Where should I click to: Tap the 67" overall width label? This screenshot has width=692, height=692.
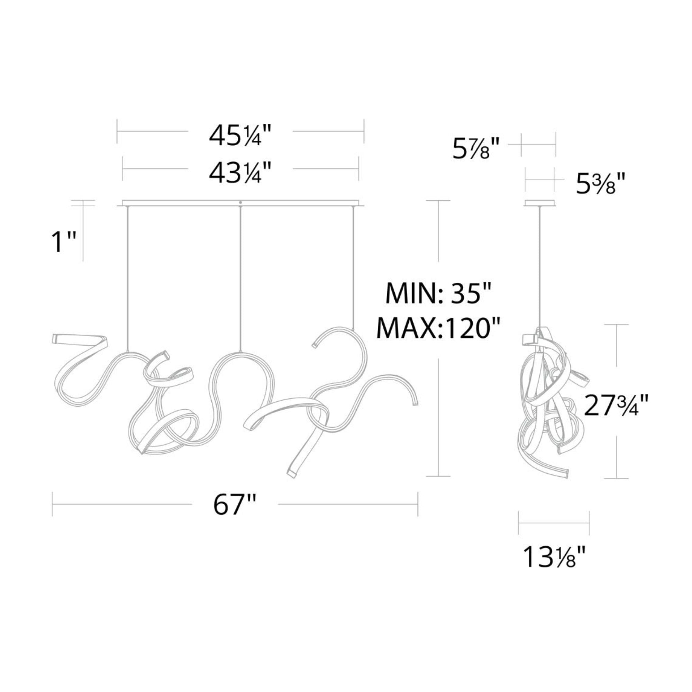(x=235, y=506)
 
